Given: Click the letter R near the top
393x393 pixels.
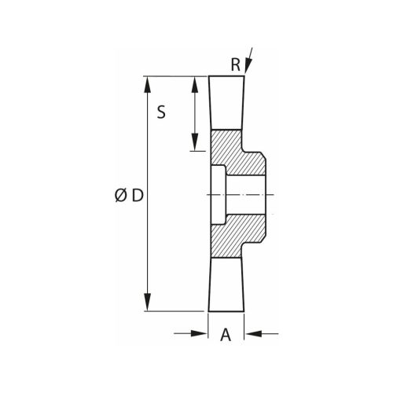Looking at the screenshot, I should tap(235, 66).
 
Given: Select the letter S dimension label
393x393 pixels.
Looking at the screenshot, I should tap(161, 112).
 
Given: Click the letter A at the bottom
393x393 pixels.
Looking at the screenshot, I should tap(226, 335).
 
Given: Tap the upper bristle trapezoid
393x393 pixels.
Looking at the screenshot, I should tap(226, 102).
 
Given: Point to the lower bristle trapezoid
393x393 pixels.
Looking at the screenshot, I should tap(226, 285).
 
